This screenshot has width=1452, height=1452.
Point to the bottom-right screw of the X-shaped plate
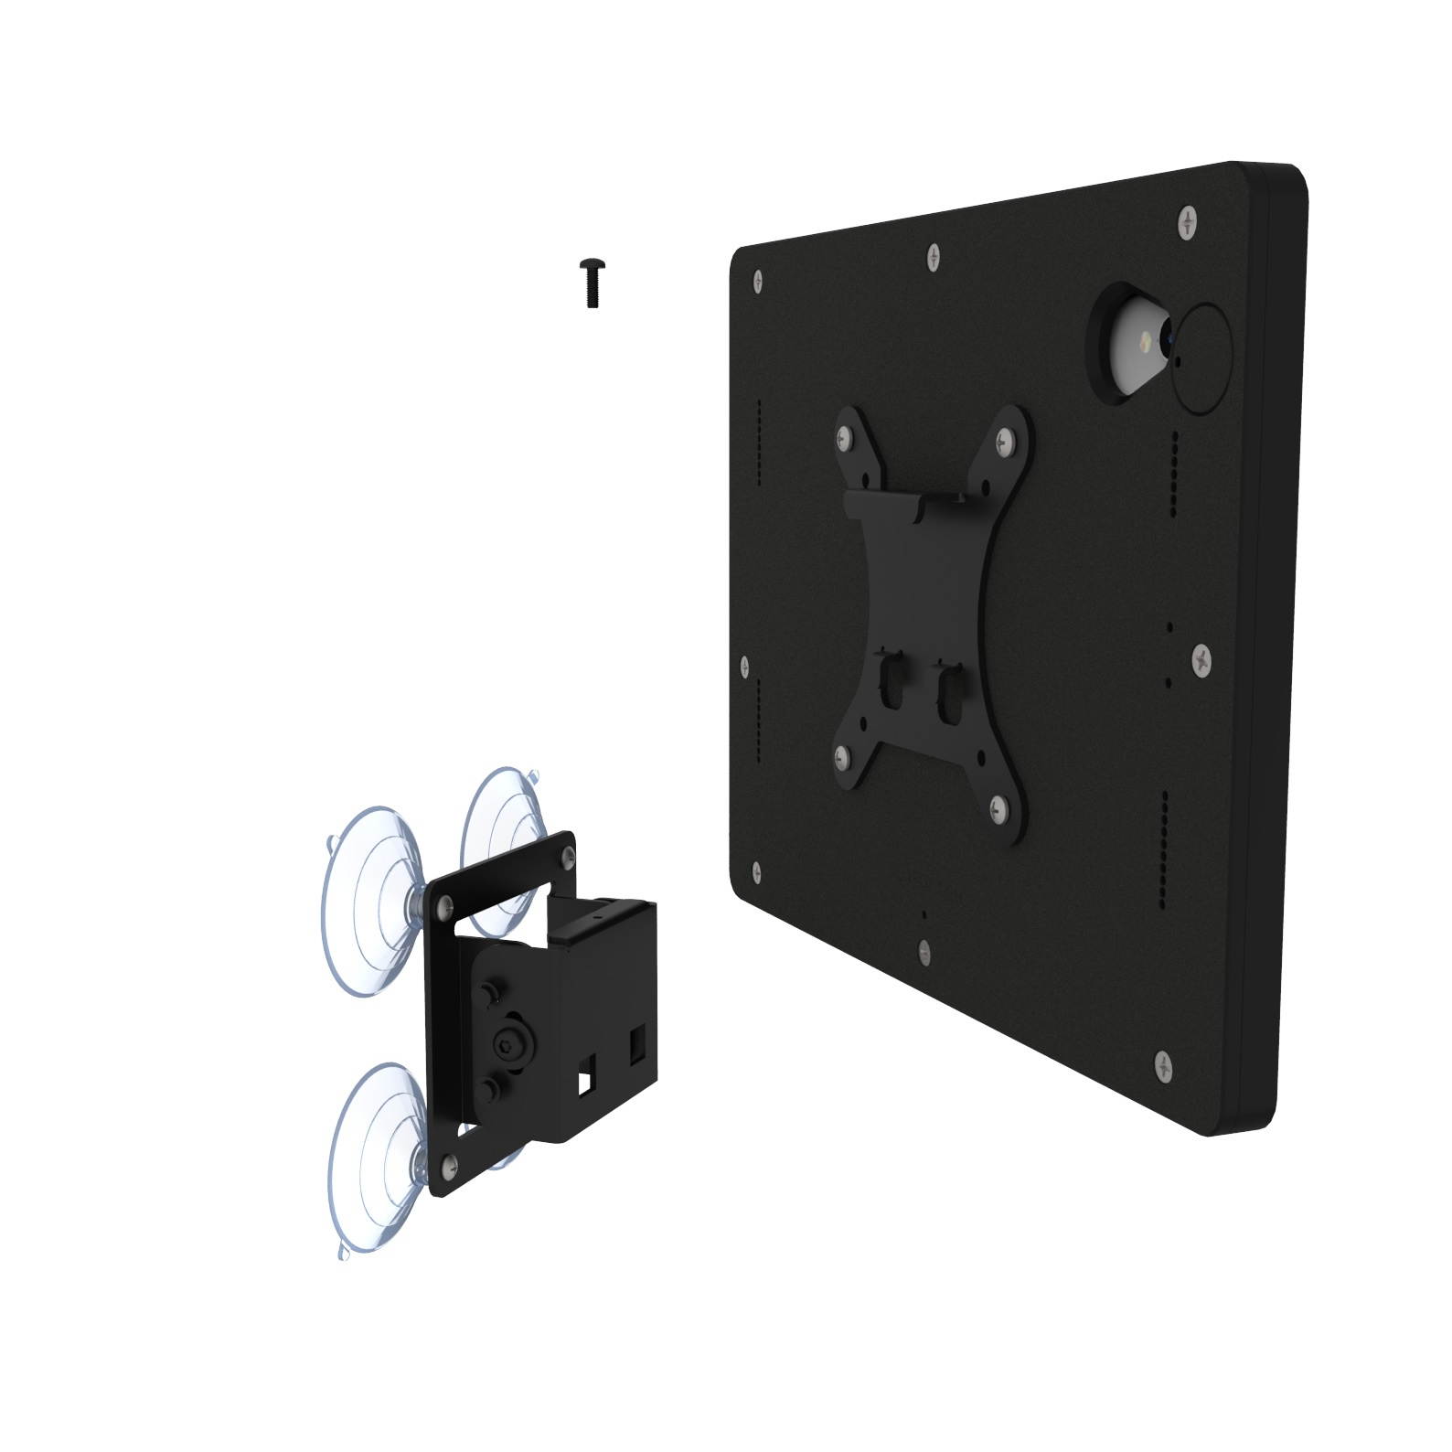998,806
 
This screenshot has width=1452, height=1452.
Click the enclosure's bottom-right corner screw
1163,1064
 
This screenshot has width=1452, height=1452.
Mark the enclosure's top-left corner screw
758,280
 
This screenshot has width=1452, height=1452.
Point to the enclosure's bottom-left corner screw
755,872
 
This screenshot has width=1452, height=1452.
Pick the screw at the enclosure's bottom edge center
924,952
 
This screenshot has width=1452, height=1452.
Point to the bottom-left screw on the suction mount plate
449,1162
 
